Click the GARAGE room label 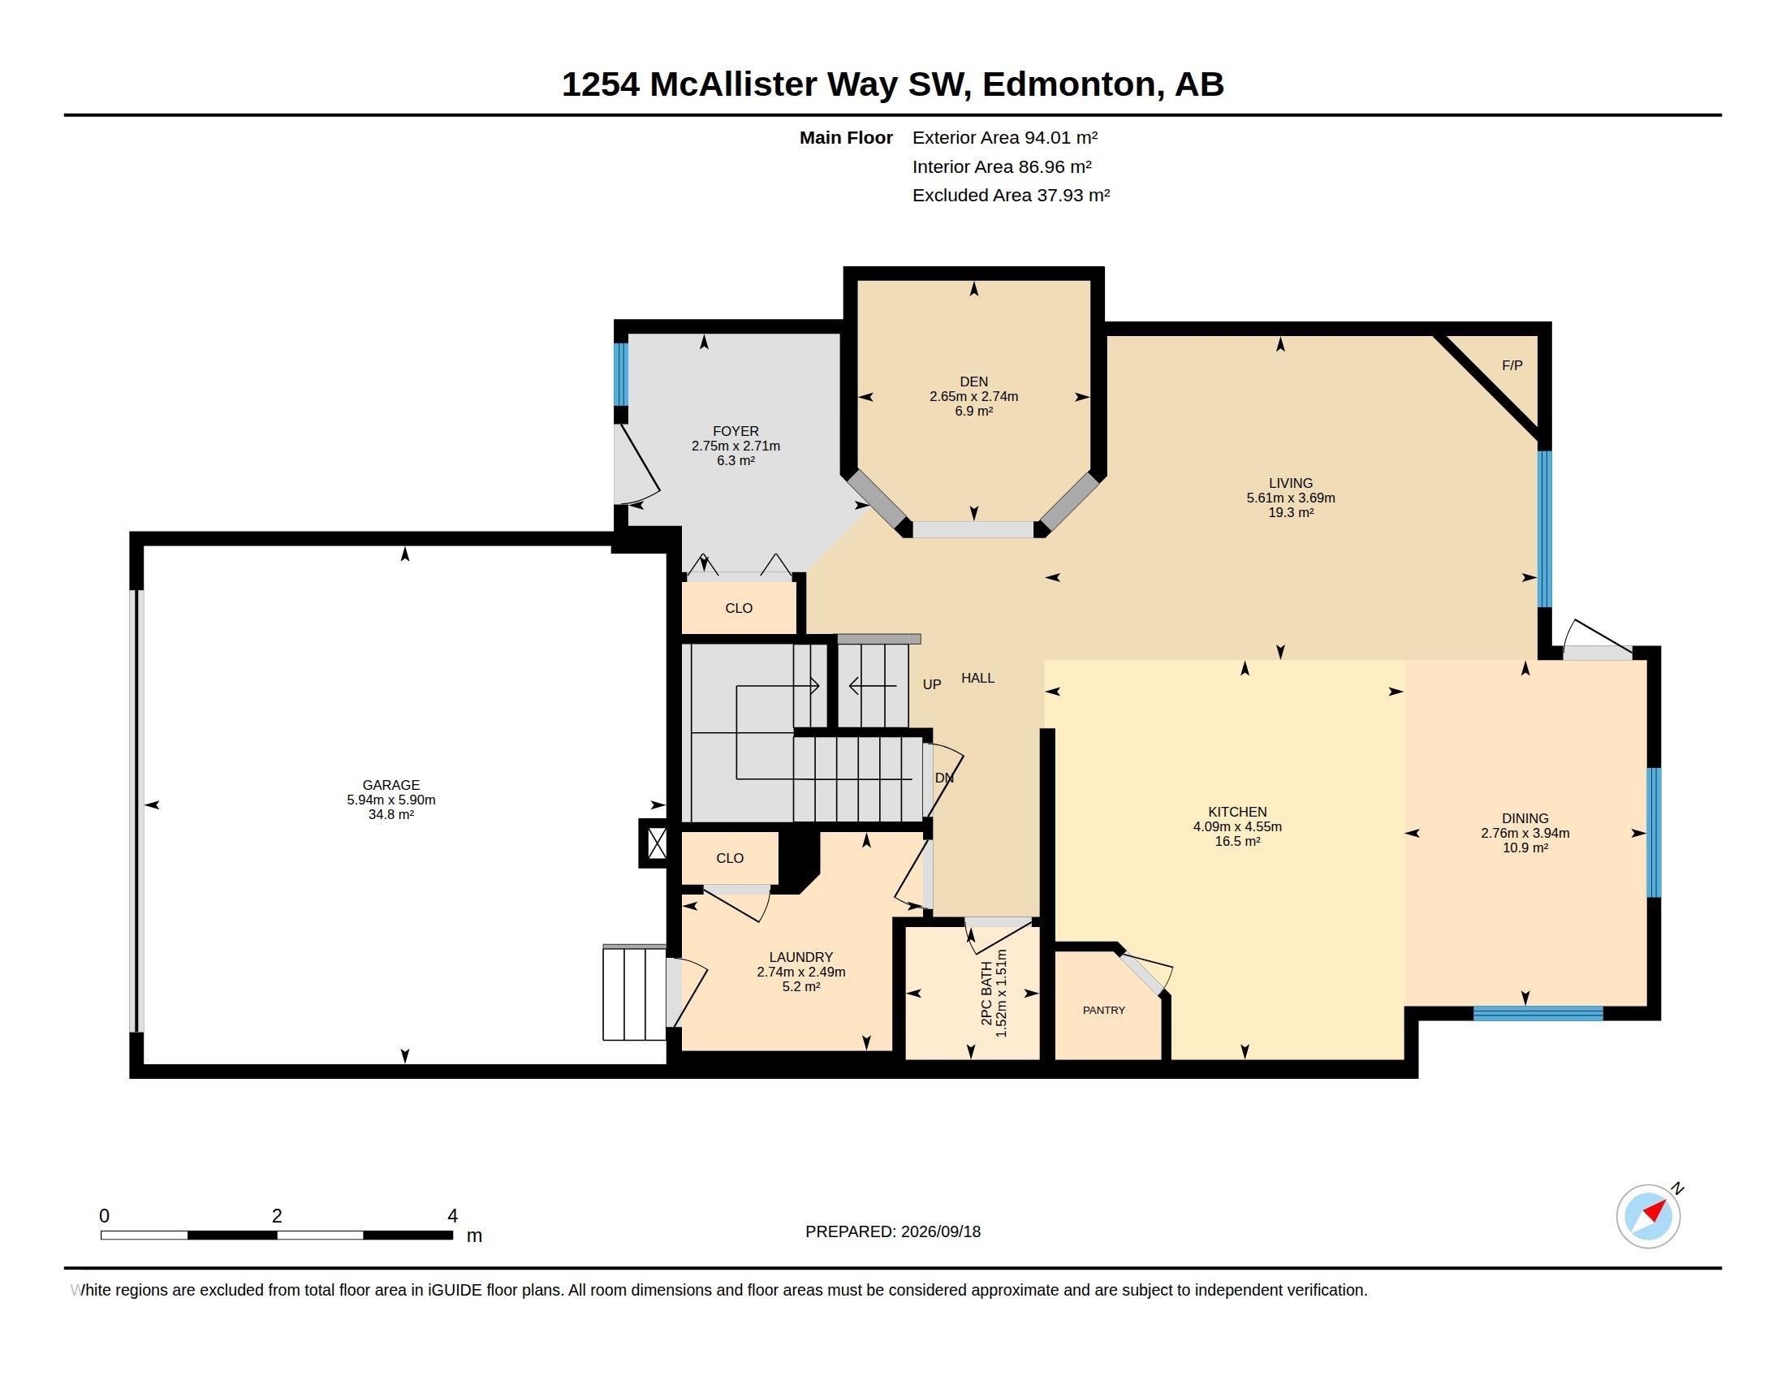391,785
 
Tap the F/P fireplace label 1512,365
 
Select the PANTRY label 1104,1011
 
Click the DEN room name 974,382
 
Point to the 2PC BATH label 987,994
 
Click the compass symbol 1649,1216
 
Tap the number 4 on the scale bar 452,1216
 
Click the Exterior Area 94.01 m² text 1005,137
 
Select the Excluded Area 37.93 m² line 1012,196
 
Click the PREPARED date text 893,1231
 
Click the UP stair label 932,684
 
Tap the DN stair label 944,778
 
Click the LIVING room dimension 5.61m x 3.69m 1291,498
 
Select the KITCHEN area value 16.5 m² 1237,841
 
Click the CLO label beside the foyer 739,608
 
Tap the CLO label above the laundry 730,858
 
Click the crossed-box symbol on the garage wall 655,843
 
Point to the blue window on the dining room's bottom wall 1538,1014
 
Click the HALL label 978,678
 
